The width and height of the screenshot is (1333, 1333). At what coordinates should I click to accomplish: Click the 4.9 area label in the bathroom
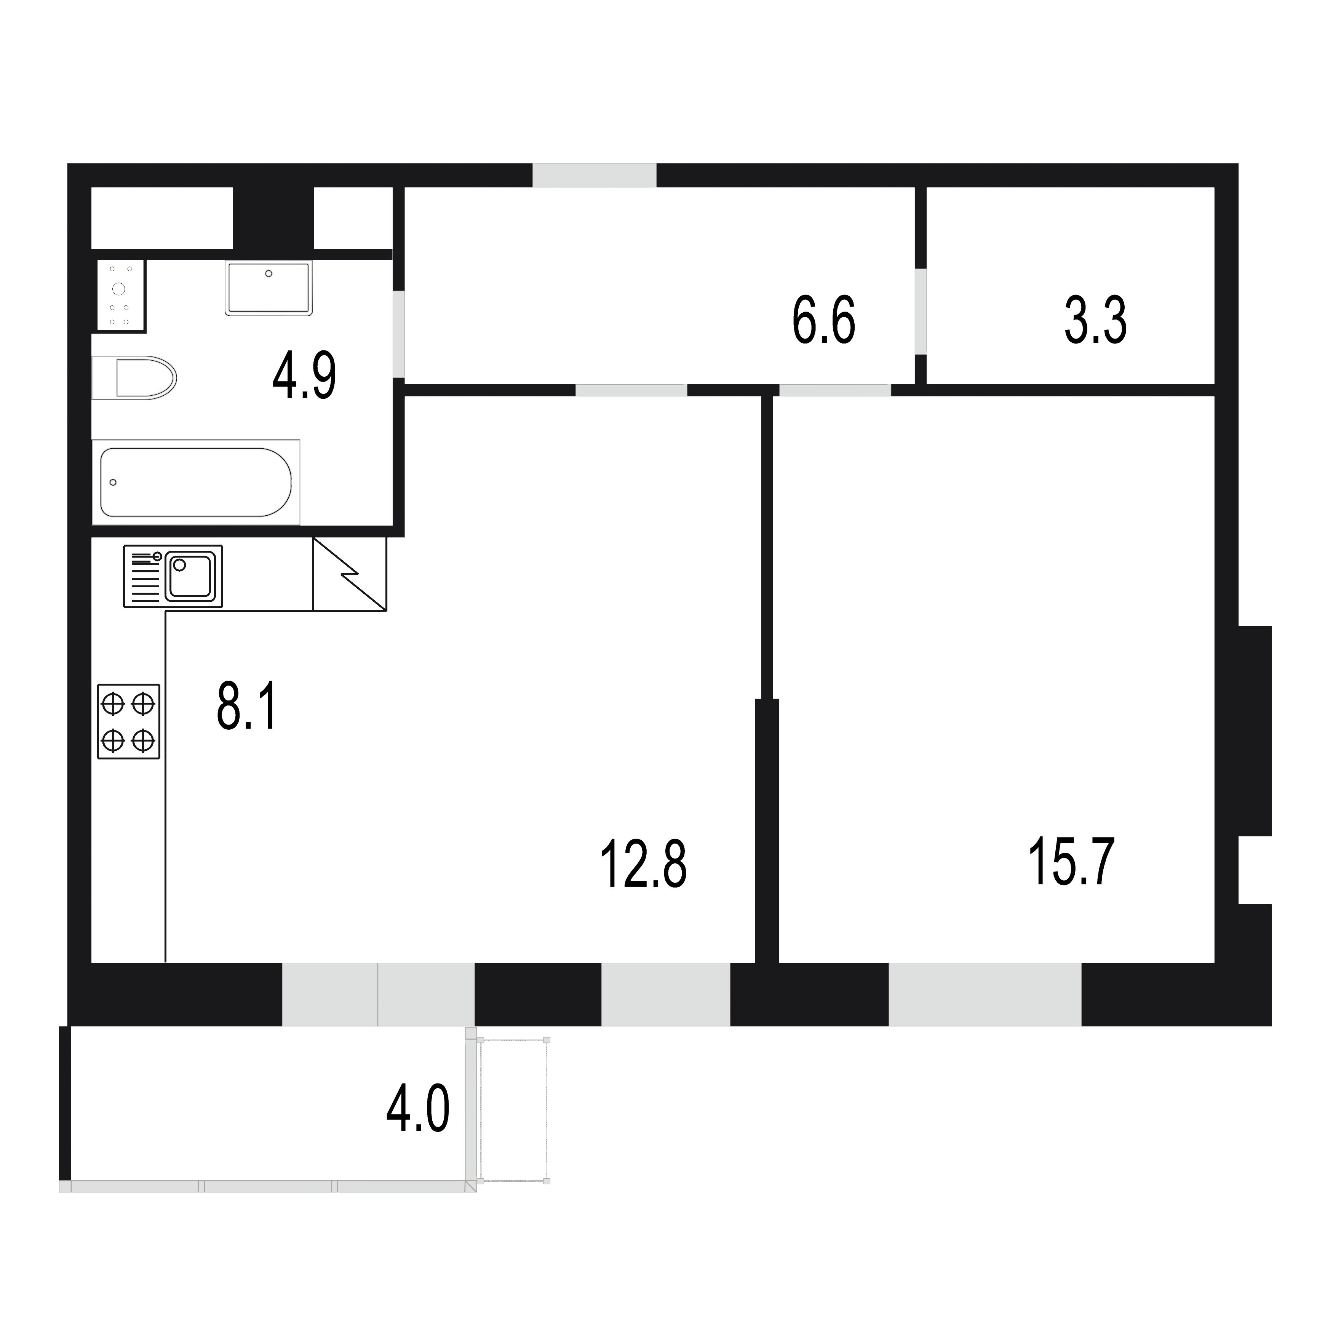[x=304, y=376]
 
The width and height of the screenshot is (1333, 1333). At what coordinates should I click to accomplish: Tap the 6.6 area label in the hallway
[x=824, y=320]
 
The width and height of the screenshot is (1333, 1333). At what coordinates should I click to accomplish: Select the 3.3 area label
[x=1096, y=320]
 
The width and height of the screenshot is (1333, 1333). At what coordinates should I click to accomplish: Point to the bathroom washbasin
[x=269, y=288]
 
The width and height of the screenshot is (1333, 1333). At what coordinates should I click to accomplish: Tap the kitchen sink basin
[x=190, y=576]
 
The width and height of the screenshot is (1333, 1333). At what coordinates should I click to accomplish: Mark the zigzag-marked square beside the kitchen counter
[x=350, y=574]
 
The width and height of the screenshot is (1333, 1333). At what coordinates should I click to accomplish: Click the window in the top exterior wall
[x=594, y=175]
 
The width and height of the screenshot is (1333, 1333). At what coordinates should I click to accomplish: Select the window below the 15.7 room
[x=985, y=994]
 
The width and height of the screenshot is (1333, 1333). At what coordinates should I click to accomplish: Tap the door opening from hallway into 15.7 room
[x=836, y=390]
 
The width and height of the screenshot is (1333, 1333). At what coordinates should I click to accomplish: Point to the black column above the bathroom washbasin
[x=273, y=218]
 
